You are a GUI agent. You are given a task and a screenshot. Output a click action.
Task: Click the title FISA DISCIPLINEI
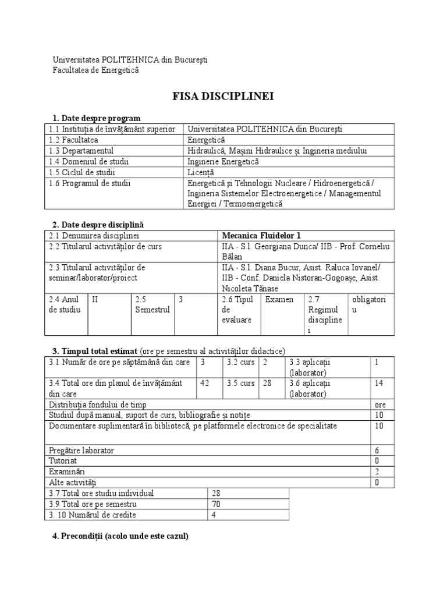pos(223,96)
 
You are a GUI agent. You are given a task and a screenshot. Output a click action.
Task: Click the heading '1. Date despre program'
pos(96,118)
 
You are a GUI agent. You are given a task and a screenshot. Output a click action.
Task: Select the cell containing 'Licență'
pos(201,172)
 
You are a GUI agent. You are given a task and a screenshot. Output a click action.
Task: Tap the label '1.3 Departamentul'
pos(81,150)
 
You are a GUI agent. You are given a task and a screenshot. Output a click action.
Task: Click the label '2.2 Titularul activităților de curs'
pos(105,247)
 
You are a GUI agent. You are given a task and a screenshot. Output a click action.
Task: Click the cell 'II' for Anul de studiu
pos(96,299)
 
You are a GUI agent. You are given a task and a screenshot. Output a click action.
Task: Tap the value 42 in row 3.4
pos(204,382)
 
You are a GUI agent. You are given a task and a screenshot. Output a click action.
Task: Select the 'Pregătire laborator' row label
pos(82,450)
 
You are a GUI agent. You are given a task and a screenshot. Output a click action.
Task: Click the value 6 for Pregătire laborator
pos(377,450)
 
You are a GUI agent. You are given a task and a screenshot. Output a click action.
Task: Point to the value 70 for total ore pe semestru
pos(217,504)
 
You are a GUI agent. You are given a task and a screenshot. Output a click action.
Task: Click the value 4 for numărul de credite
pos(214,515)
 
